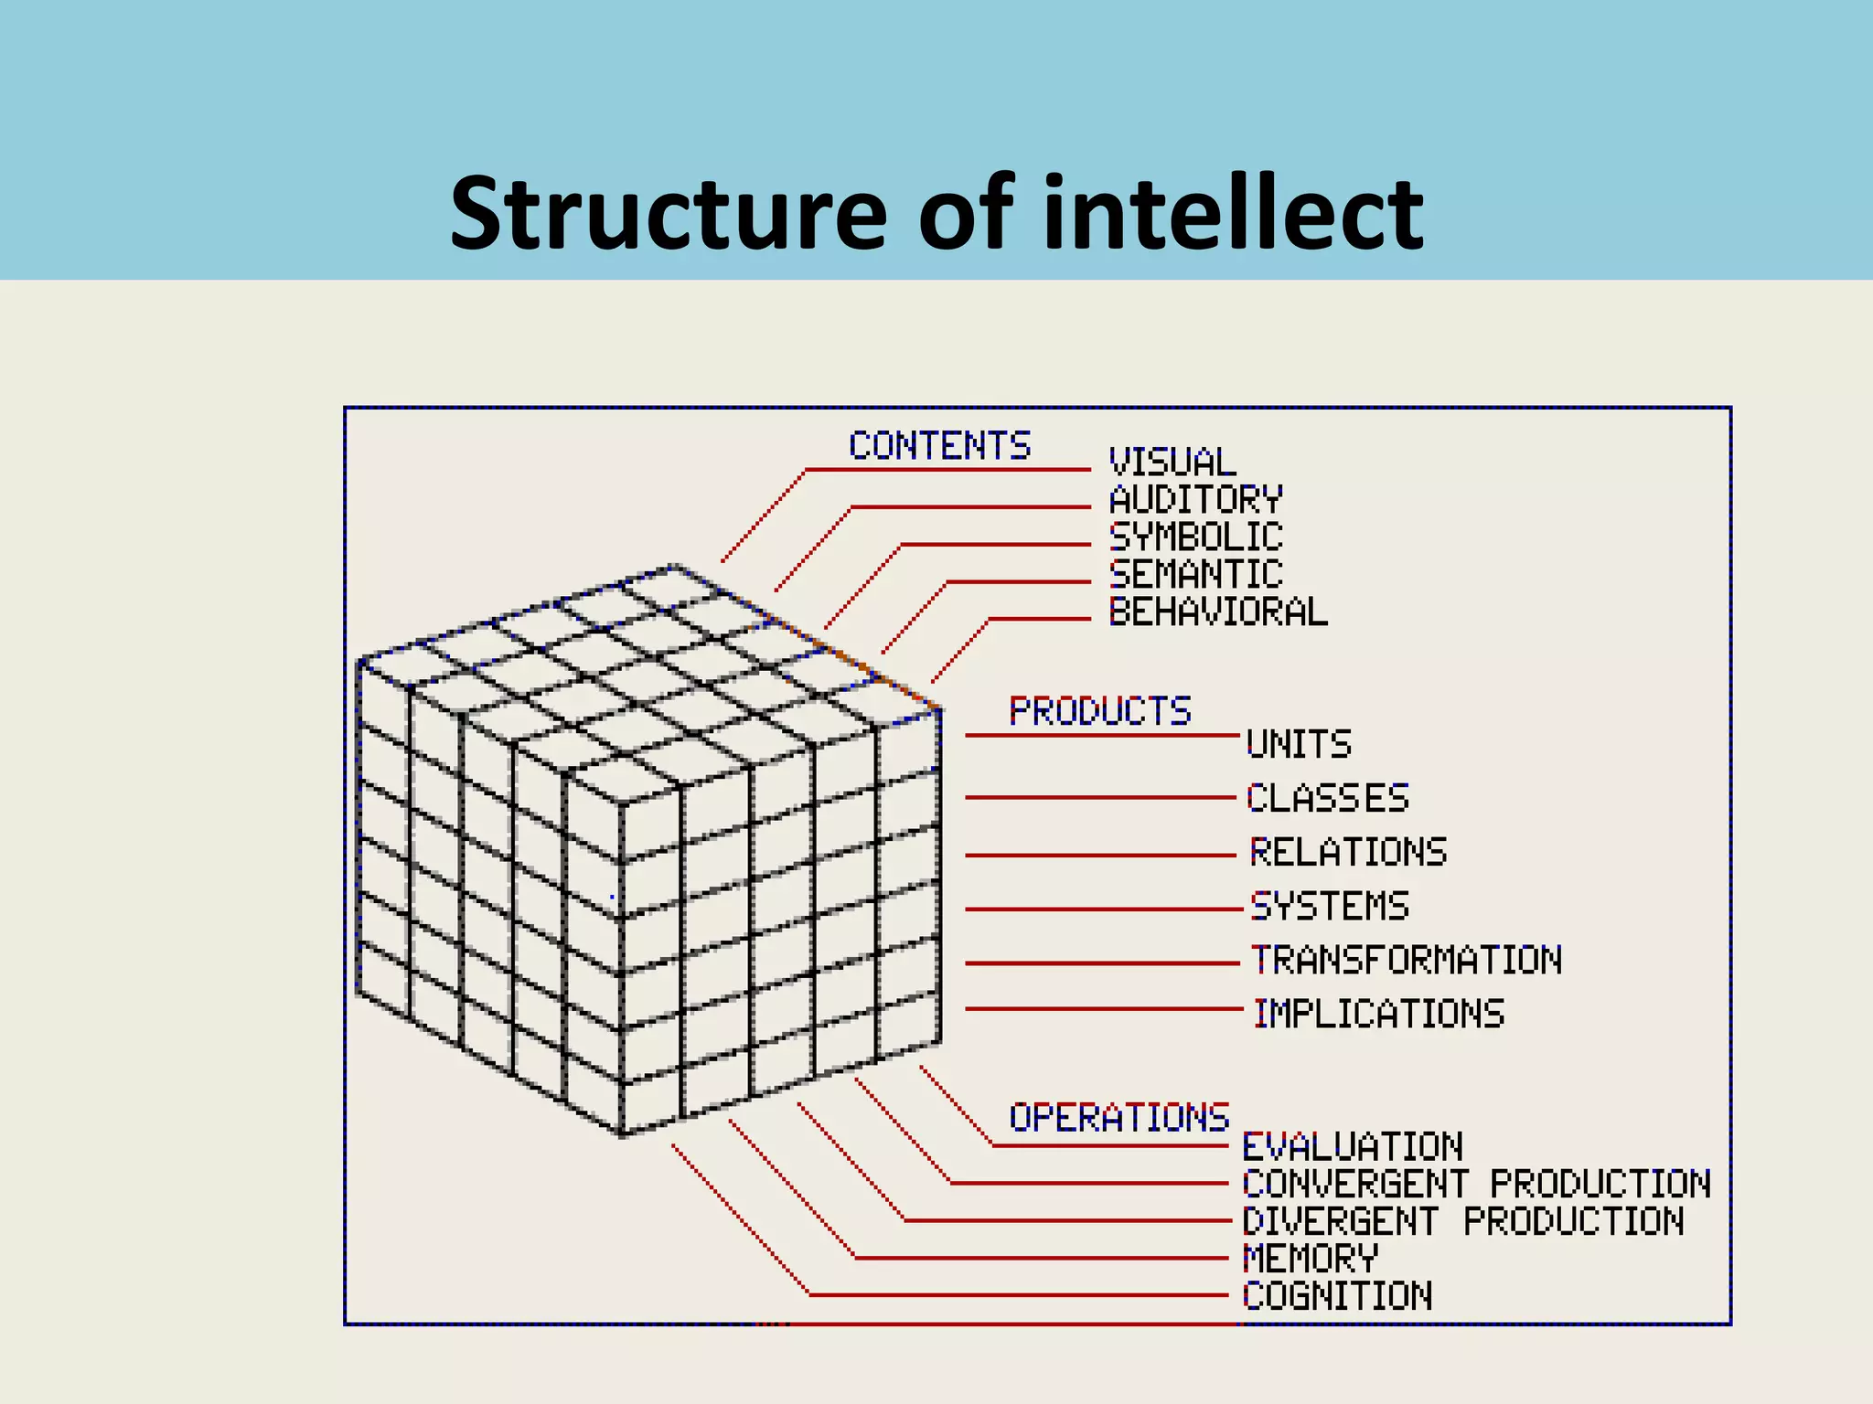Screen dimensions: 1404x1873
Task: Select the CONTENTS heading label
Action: [x=939, y=446]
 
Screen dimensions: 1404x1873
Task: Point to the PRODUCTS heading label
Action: [x=1099, y=711]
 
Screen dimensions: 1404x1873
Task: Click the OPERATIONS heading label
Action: [x=1118, y=1117]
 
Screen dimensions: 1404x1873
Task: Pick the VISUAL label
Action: [x=1172, y=463]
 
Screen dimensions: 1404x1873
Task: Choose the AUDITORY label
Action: [x=1195, y=500]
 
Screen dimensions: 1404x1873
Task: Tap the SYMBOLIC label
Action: [x=1195, y=537]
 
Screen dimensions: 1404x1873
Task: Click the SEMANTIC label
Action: [x=1195, y=575]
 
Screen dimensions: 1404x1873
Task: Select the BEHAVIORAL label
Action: [x=1218, y=612]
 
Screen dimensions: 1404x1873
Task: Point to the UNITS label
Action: [x=1299, y=744]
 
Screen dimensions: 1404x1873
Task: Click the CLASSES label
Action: [x=1328, y=798]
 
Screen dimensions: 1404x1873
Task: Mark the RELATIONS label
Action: [x=1348, y=852]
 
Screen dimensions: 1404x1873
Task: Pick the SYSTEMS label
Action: [x=1330, y=906]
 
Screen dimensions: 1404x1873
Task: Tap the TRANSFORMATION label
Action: [x=1407, y=960]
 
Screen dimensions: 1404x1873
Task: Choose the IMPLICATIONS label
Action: [x=1379, y=1014]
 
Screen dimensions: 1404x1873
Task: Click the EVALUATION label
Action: [x=1353, y=1146]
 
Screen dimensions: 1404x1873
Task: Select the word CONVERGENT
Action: [x=1355, y=1184]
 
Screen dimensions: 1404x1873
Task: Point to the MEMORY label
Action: [x=1310, y=1259]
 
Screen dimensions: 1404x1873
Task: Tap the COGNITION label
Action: [x=1337, y=1296]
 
